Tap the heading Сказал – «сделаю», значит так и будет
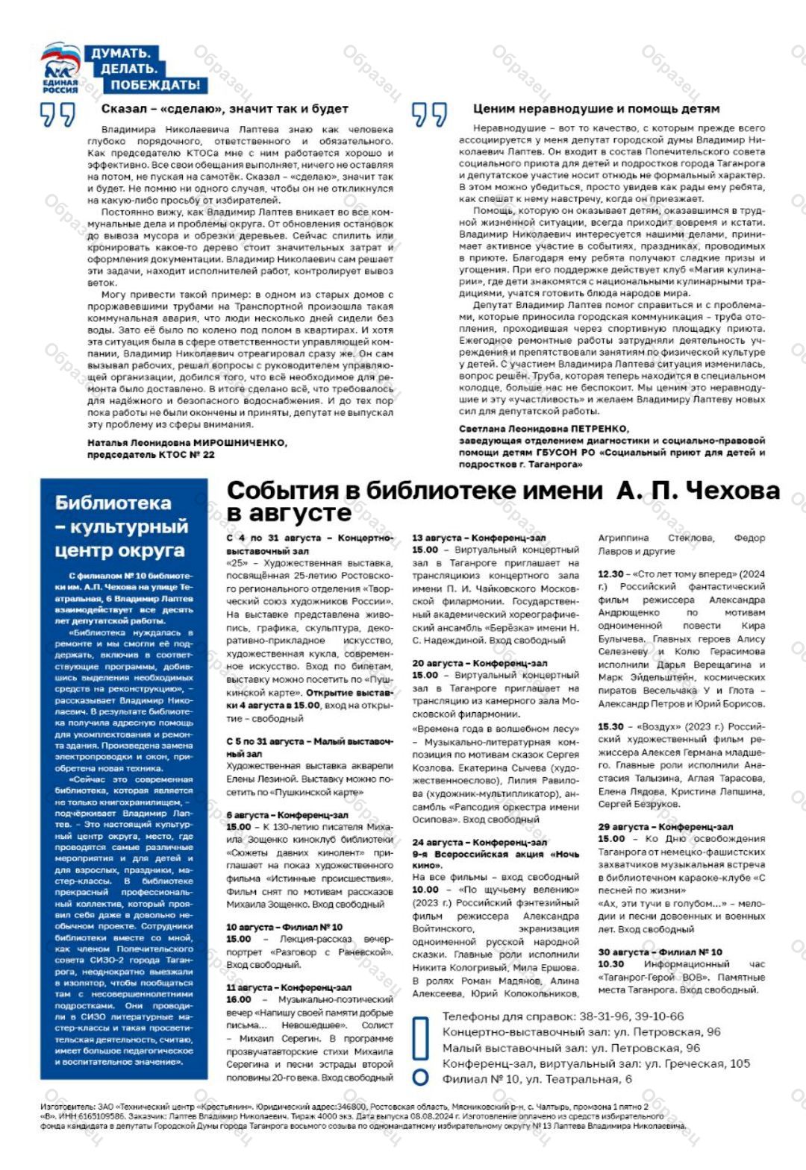225,109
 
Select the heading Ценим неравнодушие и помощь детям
596,109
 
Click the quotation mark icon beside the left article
58,116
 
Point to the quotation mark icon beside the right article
429,116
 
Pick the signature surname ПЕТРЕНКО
600,429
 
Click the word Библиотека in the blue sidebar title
113,503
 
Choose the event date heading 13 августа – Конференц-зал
478,538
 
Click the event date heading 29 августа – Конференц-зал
665,827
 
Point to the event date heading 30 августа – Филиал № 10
660,952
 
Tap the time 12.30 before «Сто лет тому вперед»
610,574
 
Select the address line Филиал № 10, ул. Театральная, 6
537,1079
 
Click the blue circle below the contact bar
420,1077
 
